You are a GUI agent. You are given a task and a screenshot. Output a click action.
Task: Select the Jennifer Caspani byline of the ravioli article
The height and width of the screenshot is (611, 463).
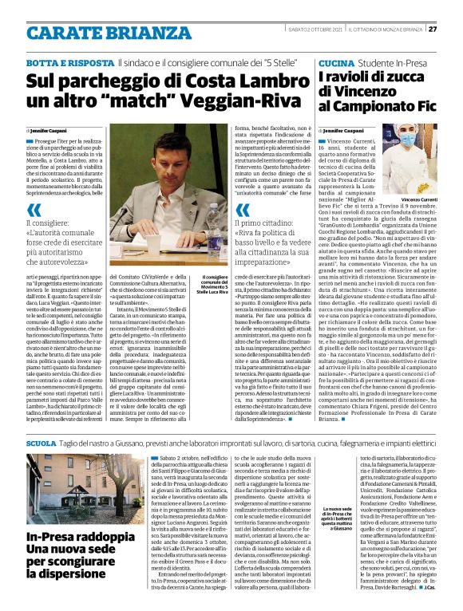[344, 128]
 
